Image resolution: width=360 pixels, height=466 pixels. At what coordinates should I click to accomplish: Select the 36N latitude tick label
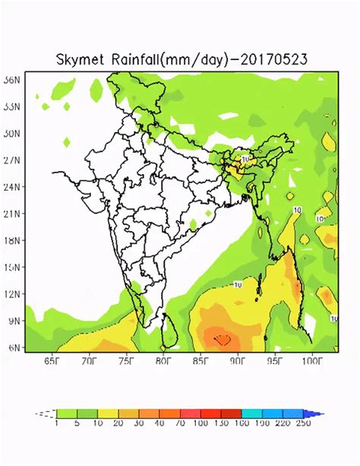[11, 79]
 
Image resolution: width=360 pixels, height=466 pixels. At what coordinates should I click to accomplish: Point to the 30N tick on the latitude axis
[11, 133]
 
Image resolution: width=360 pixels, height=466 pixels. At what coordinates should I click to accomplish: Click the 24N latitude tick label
[11, 186]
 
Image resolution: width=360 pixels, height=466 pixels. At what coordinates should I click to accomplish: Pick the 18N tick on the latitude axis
[11, 240]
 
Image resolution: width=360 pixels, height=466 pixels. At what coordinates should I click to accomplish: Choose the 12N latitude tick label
[11, 293]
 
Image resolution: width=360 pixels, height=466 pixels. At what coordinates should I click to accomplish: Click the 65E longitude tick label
[52, 360]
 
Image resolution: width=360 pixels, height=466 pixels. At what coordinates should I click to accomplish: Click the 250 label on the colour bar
[303, 423]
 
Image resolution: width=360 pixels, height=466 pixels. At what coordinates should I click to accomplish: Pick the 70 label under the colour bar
[178, 423]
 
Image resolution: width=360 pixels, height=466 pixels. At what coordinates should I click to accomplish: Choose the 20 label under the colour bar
[118, 423]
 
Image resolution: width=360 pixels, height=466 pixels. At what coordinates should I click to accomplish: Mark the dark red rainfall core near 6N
[223, 339]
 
